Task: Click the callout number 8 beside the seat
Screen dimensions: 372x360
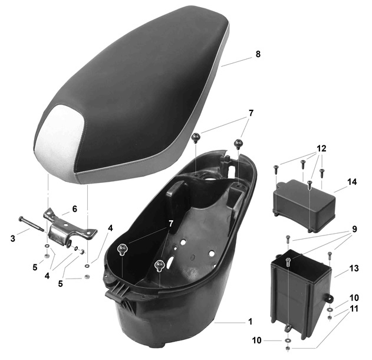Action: [x=258, y=54]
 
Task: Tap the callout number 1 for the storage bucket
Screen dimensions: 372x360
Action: [x=251, y=322]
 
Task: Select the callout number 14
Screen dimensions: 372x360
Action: [x=352, y=182]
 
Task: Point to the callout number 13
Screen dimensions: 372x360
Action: [x=354, y=269]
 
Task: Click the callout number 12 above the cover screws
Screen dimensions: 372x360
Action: [x=321, y=148]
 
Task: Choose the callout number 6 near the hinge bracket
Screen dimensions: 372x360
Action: [x=74, y=209]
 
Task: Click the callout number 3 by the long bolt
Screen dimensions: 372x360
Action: [x=13, y=238]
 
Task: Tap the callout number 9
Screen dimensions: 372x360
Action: [x=354, y=229]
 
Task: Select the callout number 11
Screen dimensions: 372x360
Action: [x=354, y=309]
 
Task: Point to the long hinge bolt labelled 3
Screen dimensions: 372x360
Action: [x=31, y=224]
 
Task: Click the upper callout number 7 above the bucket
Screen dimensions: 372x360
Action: [x=251, y=113]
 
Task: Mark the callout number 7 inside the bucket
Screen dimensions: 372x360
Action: [x=170, y=224]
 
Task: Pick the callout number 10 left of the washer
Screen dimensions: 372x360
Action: [x=256, y=341]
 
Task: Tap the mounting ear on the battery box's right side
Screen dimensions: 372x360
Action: [x=329, y=299]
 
